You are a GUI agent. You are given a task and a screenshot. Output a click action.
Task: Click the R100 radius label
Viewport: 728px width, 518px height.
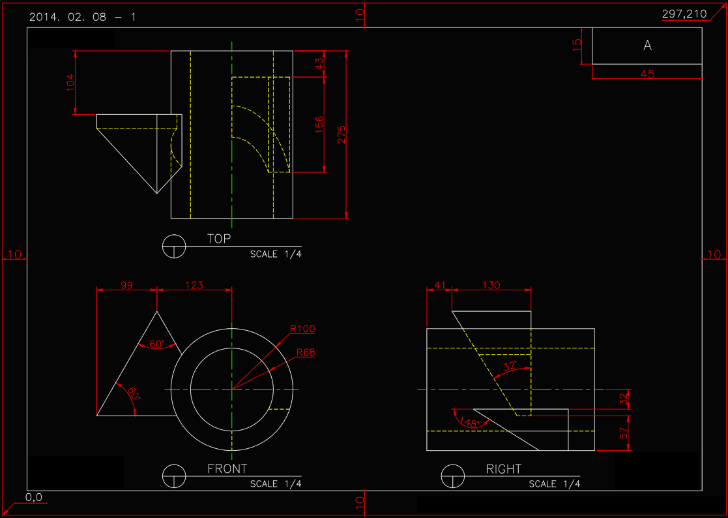(x=303, y=329)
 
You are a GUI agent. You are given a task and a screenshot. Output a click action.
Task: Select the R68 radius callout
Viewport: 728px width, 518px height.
(x=305, y=352)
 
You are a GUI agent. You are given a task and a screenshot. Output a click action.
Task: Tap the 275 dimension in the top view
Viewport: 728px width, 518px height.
(x=342, y=134)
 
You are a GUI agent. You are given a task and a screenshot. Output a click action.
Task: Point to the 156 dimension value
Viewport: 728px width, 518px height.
(x=319, y=124)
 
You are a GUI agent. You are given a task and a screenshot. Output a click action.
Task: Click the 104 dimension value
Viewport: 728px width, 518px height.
(x=71, y=82)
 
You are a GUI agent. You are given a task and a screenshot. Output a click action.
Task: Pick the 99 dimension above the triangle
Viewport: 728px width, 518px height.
(x=126, y=285)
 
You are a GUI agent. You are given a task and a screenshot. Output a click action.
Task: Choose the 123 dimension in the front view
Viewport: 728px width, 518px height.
(x=194, y=285)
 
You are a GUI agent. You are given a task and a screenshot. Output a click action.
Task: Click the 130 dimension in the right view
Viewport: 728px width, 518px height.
(x=492, y=285)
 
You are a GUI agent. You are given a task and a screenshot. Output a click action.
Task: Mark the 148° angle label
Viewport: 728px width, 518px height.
(x=469, y=422)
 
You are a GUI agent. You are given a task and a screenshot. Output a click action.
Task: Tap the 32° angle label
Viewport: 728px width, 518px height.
(x=510, y=366)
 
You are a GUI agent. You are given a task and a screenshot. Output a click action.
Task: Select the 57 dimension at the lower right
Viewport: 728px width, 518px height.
(x=624, y=433)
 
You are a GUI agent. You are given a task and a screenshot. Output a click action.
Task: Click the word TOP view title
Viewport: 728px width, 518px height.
(x=219, y=239)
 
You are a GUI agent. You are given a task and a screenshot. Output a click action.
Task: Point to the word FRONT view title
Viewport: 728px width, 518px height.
(x=227, y=468)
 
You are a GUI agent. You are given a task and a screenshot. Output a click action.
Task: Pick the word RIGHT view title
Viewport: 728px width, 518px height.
(x=504, y=468)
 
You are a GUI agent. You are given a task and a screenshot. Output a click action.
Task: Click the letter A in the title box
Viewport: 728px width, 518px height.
(x=647, y=46)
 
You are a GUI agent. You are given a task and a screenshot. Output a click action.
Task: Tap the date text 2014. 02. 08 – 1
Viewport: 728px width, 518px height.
(x=83, y=17)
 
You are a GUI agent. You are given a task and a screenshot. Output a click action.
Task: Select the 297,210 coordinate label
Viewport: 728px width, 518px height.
(x=684, y=14)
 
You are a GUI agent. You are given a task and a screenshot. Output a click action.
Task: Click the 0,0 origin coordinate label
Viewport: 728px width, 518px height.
(x=34, y=497)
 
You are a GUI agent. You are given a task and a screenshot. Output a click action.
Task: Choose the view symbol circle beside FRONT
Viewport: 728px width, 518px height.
(x=174, y=476)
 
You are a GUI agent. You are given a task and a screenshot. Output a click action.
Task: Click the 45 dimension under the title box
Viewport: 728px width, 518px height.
(x=647, y=74)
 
